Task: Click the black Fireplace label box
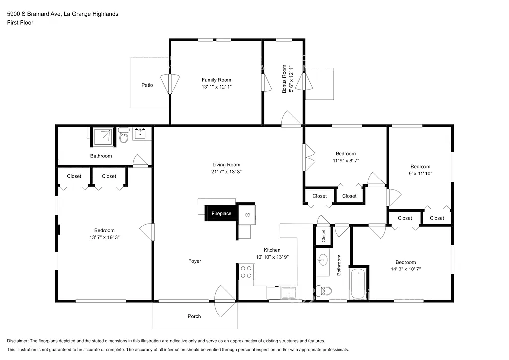221,213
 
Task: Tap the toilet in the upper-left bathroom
124,136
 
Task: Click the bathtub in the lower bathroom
357,283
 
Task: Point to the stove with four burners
246,271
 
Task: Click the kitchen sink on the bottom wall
288,293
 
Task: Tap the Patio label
147,85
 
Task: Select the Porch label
194,316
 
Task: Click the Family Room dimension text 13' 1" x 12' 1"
216,87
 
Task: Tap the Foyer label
195,261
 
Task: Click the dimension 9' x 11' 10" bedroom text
420,174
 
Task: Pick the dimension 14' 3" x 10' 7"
405,269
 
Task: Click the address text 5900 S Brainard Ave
34,14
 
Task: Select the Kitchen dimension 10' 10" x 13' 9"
272,257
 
